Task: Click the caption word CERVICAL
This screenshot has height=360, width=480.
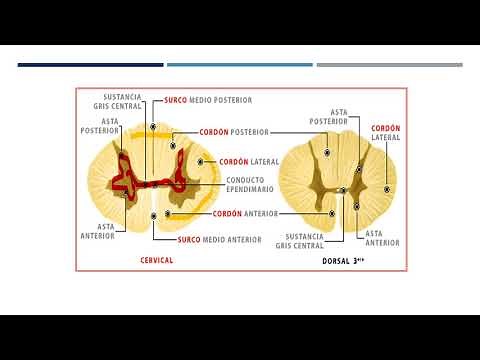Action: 156,260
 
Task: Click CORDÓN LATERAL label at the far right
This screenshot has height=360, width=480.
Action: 386,133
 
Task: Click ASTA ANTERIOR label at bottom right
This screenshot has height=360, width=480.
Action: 382,237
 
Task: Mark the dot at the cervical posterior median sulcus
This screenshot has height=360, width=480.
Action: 154,128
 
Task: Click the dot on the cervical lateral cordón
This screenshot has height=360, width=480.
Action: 202,161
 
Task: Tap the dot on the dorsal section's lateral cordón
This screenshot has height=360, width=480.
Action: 388,189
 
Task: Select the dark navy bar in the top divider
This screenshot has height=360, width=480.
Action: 89,65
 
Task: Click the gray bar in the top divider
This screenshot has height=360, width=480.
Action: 389,65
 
